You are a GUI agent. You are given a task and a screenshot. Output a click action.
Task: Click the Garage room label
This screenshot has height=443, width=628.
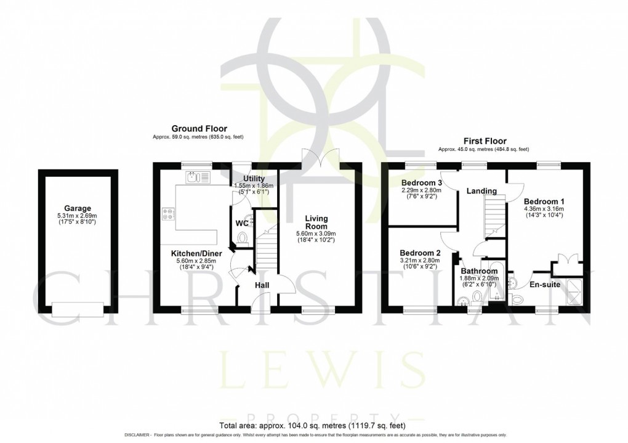[x=77, y=208]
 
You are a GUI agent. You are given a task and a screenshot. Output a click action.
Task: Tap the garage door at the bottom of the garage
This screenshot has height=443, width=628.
[x=77, y=308]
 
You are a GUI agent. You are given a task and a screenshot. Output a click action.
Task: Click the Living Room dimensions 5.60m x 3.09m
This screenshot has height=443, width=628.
[x=318, y=234]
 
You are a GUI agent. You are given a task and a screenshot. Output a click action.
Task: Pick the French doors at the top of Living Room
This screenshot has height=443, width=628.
[x=321, y=157]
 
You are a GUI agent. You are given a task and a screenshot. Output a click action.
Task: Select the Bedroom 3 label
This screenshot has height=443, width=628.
[x=422, y=183]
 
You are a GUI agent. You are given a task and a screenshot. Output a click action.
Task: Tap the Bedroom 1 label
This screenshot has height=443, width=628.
[x=544, y=201]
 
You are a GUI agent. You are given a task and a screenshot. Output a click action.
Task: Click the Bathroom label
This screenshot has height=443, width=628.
[x=479, y=271]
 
